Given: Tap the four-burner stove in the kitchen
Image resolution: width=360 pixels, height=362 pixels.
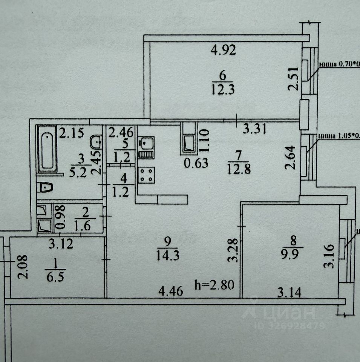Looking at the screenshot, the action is [146, 175].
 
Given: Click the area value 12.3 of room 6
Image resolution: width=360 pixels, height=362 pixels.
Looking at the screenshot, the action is [223, 90].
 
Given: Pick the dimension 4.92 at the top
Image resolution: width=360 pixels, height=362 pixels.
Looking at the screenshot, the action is [223, 50].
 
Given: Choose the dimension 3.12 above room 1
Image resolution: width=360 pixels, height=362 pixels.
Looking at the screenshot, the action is [62, 244].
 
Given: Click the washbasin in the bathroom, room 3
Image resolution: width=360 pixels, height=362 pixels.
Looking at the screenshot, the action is [97, 143].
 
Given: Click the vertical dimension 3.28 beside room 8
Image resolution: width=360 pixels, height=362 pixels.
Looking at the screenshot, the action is [234, 249].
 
